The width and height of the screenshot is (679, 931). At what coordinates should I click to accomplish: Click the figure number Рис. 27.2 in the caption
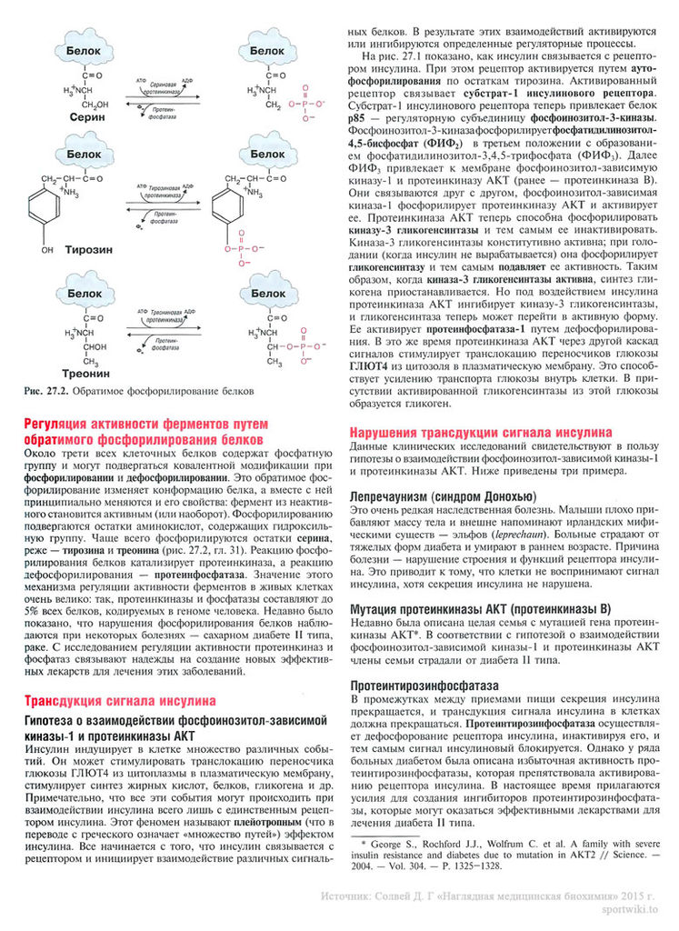[x=45, y=391]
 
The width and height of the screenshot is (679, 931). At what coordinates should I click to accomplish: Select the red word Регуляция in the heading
[x=60, y=424]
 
